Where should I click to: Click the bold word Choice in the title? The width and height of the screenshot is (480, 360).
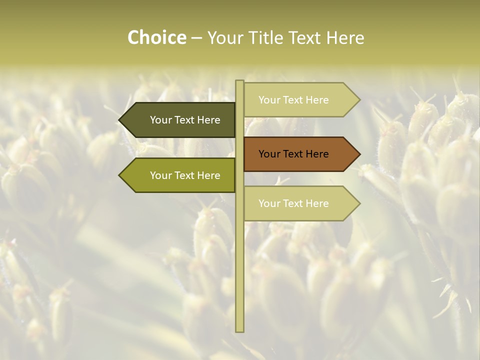click(156, 37)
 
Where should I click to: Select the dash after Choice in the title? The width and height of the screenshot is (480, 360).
click(196, 38)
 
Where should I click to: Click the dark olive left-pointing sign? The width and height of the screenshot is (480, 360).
click(180, 120)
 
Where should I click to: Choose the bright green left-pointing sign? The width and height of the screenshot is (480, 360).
click(180, 175)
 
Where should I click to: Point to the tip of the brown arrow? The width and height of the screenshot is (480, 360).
click(359, 154)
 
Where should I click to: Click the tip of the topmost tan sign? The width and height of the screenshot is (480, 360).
click(359, 100)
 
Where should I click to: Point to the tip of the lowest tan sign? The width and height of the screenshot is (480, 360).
click(359, 203)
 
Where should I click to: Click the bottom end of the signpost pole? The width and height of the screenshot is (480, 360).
click(239, 330)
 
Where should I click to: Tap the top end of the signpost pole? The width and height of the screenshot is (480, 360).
click(239, 81)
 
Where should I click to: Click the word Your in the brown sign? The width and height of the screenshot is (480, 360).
click(269, 154)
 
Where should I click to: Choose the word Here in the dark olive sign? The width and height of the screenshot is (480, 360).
click(208, 120)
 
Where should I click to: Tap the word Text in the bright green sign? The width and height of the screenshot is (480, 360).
click(185, 175)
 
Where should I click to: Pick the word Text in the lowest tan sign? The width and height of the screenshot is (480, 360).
click(293, 203)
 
